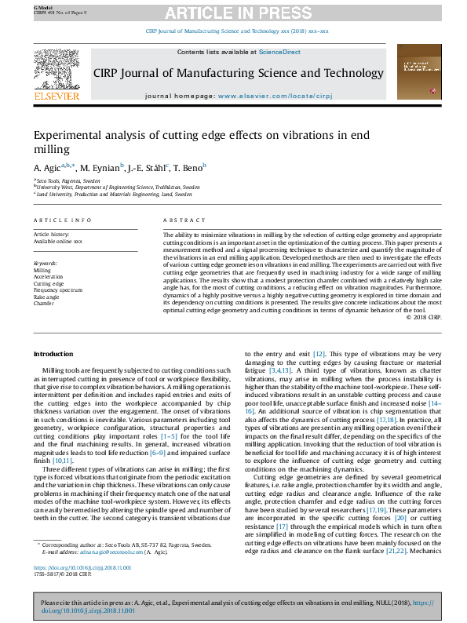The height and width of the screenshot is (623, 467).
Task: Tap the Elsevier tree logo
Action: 57,70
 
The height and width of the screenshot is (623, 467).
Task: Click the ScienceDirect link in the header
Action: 280,52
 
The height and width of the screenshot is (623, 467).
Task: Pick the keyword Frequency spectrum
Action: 57,290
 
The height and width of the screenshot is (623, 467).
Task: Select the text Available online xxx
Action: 57,241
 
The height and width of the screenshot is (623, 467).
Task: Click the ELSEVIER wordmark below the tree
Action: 57,96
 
